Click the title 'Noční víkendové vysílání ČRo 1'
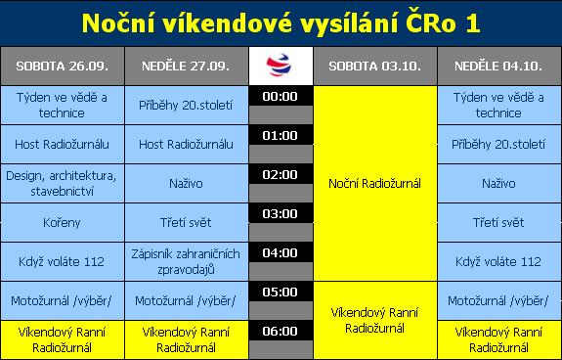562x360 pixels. [281, 22]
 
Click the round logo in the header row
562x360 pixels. [280, 66]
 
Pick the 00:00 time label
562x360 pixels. [280, 97]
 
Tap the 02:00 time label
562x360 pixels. [280, 174]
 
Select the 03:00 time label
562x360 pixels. [280, 213]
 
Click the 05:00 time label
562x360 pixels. [280, 292]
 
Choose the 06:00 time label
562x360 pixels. [280, 331]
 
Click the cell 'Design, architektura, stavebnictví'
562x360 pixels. [62, 183]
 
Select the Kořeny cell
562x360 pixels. [62, 222]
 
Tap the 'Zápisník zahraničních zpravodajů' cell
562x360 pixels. [186, 261]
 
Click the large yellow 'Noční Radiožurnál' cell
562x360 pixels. [374, 183]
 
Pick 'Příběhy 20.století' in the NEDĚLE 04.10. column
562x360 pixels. [498, 144]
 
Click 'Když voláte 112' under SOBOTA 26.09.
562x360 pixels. [62, 261]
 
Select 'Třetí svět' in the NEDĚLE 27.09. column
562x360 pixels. [186, 222]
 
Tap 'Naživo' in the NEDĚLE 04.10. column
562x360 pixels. [498, 183]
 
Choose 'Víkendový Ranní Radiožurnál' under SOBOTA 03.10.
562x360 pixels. [374, 321]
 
